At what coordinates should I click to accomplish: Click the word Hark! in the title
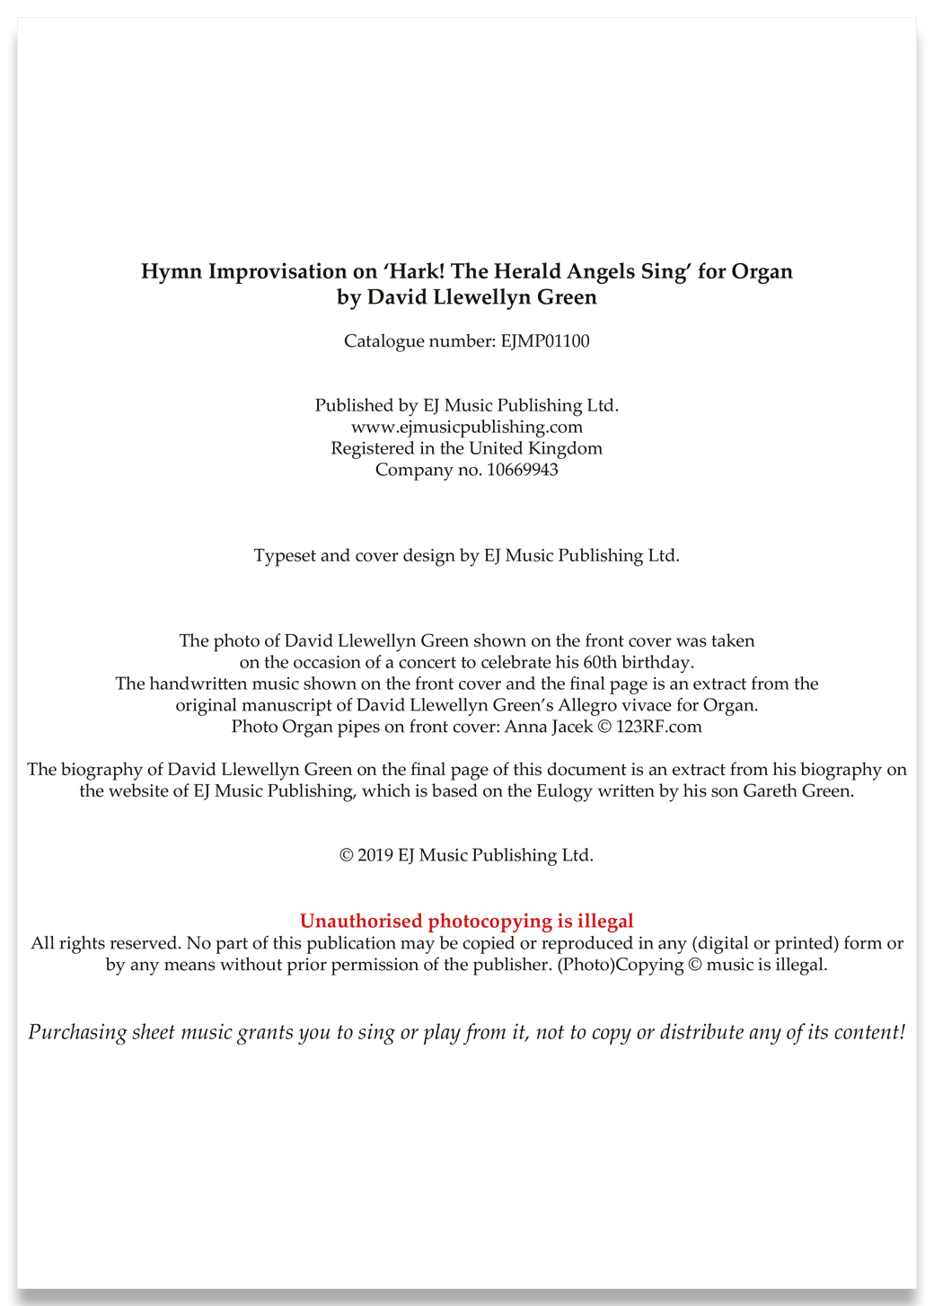click(414, 271)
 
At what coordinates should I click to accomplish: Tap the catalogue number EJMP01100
click(544, 341)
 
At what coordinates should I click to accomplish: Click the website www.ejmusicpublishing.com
click(467, 427)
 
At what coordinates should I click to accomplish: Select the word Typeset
click(285, 556)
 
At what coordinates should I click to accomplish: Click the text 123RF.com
click(658, 727)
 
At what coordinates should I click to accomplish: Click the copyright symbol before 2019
click(347, 855)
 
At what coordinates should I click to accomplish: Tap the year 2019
click(375, 855)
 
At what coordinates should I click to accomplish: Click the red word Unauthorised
click(361, 921)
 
